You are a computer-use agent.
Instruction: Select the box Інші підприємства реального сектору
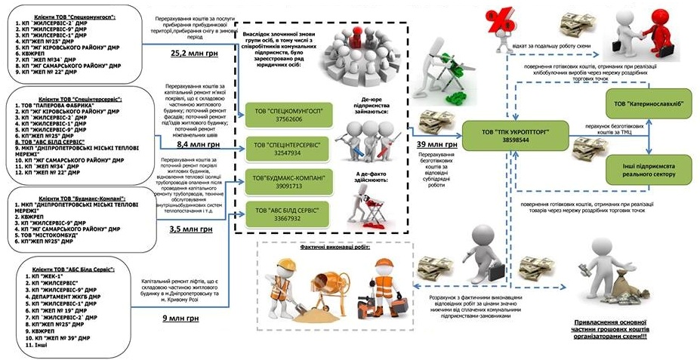click(648, 168)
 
